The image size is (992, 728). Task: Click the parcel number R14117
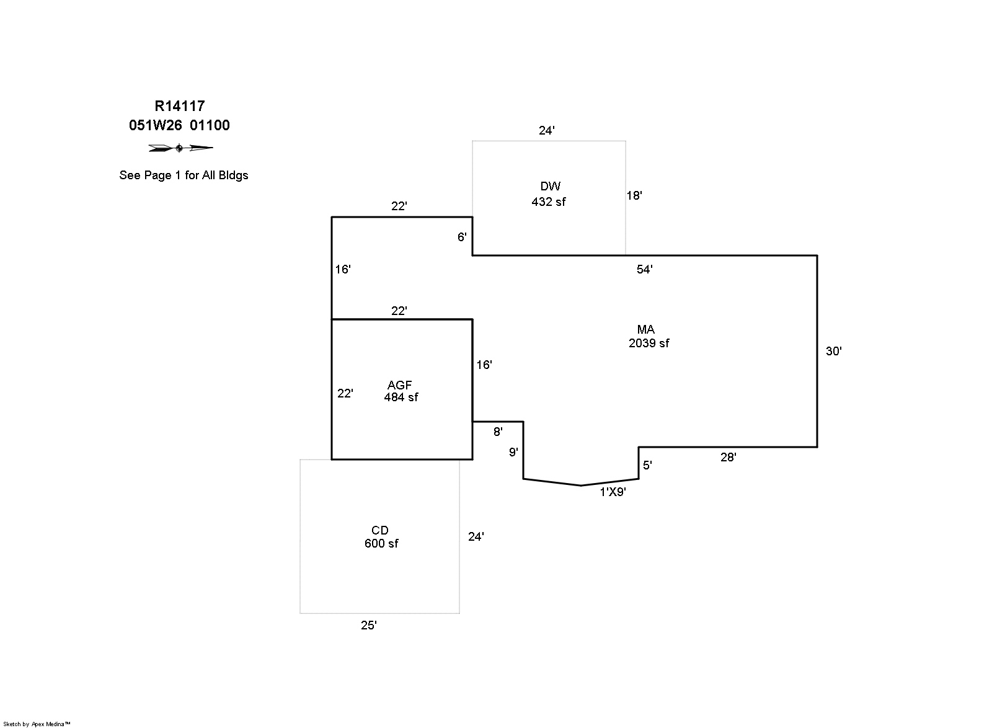pos(179,107)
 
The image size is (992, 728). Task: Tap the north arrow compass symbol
pos(180,148)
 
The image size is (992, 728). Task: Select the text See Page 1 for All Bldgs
pos(184,175)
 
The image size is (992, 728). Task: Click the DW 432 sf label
pos(549,193)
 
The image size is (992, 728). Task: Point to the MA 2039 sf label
pos(648,336)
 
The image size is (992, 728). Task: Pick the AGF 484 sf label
pos(401,391)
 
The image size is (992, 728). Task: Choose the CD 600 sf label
pos(381,537)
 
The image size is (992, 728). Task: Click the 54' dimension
pos(645,269)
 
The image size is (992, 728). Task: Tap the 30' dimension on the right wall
pos(833,352)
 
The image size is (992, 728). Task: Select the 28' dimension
pos(728,458)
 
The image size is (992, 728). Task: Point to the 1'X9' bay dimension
pos(613,492)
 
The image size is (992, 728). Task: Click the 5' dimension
pos(647,466)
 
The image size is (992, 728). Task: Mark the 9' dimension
pos(513,453)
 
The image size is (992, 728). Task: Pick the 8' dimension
pos(498,432)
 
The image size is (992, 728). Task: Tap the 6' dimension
pos(462,237)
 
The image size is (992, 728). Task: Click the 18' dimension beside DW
pos(634,196)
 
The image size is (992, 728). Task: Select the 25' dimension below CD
pos(369,626)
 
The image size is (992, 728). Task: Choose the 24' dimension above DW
pos(546,131)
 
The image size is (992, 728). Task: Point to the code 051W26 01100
pos(179,125)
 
